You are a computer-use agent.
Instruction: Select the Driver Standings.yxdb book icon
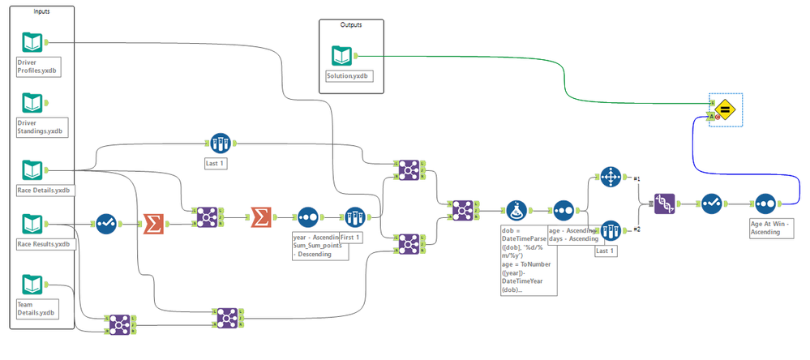point(32,103)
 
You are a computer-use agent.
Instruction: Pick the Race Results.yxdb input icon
point(32,223)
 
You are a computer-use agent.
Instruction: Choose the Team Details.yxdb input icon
point(32,285)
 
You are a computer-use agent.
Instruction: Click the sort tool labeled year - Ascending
point(308,217)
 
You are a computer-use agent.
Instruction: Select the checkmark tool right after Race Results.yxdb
point(107,223)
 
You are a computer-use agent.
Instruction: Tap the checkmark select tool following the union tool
point(710,202)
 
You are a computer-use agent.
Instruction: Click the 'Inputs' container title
point(41,11)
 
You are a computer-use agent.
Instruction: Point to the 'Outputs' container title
point(350,25)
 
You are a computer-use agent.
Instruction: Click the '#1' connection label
point(637,178)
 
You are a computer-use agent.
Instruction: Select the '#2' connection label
point(637,229)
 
